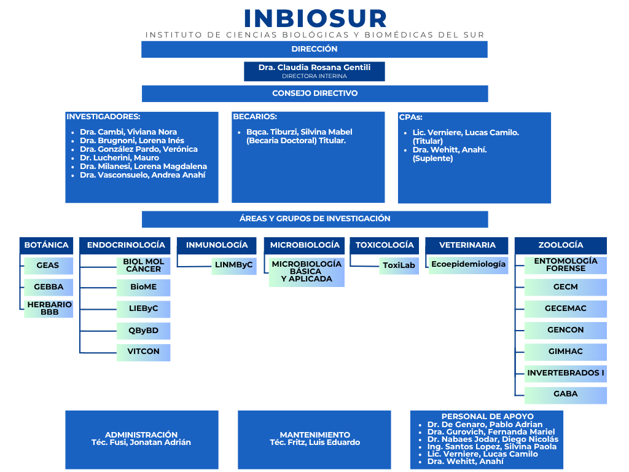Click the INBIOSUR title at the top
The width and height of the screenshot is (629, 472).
click(315, 18)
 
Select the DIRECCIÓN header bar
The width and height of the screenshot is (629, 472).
click(314, 49)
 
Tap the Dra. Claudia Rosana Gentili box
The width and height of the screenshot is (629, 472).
click(314, 71)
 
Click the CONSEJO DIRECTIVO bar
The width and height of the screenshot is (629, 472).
click(315, 93)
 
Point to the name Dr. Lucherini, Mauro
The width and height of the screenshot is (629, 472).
click(119, 158)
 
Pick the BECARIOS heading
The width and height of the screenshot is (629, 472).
click(255, 117)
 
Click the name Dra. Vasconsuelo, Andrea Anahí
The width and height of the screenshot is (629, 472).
click(143, 175)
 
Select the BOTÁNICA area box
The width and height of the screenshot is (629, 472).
click(47, 245)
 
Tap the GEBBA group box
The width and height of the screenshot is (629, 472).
click(49, 287)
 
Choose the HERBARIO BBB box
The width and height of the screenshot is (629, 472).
click(49, 309)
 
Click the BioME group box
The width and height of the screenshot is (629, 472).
click(144, 288)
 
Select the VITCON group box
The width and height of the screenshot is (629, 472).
click(144, 352)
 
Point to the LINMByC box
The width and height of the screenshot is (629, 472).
click(234, 265)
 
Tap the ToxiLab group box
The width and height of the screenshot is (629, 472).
click(399, 265)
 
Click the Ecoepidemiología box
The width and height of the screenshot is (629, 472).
click(469, 265)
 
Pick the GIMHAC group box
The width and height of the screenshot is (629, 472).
click(566, 352)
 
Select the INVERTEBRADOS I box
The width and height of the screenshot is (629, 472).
click(566, 374)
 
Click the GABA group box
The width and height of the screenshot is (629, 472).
click(566, 395)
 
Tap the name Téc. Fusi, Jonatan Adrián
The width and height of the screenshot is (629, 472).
click(141, 442)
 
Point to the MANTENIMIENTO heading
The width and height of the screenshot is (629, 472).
click(315, 435)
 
